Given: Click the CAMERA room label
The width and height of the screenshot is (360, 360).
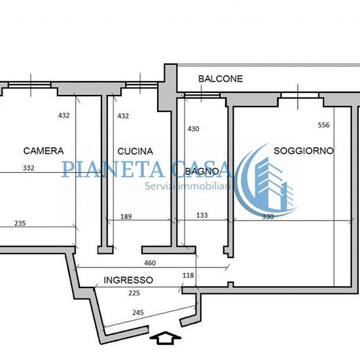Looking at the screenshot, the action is coord(43,151).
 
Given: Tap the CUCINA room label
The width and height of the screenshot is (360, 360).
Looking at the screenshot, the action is coord(135,151).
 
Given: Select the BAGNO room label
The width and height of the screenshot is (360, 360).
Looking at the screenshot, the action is coord(202,171).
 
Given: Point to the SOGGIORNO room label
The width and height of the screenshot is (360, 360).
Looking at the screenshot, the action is coord(304,151).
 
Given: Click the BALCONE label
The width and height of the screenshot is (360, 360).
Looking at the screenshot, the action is coord(221,79).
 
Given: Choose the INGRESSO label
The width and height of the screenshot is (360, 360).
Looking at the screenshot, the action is coord(128,280).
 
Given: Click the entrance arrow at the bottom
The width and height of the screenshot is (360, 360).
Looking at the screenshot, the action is coord(166,338).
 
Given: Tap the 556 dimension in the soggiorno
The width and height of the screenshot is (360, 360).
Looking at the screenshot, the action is coord(324,125).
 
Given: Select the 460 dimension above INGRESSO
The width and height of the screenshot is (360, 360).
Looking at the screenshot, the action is coord(150,263).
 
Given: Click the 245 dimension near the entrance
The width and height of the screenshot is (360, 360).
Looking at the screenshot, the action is coord(138,312).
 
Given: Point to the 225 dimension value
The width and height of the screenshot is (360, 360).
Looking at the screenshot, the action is coord(134,293).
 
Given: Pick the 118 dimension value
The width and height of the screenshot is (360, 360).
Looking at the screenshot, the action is coord(189,276).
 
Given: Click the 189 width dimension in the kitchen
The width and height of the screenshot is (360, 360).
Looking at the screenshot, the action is coord(126,217).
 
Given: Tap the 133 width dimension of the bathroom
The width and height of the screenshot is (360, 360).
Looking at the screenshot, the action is coord(202,215).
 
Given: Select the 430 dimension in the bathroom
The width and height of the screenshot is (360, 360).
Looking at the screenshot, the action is coord(193,129).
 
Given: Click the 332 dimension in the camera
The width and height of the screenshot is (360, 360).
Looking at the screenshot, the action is coord(28,168).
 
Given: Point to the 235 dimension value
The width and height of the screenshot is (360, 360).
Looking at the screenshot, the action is coord(20,223).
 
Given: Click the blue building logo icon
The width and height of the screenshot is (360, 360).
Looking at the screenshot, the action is coord(266,179).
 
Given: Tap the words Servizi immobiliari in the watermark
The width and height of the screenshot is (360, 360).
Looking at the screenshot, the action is coord(188,186).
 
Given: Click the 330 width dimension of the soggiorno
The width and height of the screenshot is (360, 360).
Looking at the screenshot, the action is coord(268,217).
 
